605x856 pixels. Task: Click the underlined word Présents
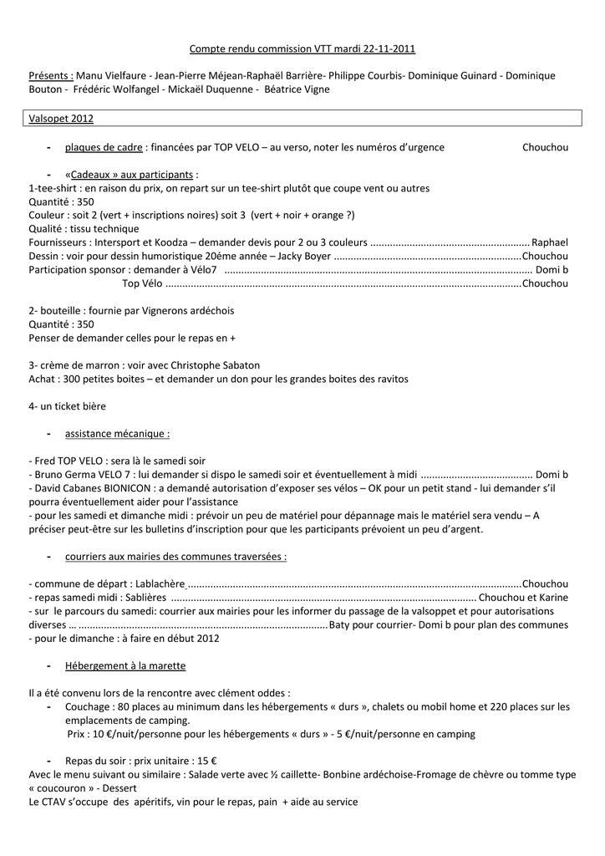coord(50,76)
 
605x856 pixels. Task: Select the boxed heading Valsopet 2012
coord(61,120)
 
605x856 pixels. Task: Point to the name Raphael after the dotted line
coord(550,242)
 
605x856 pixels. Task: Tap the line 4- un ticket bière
coord(67,405)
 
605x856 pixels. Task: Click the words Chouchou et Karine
coord(524,598)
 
